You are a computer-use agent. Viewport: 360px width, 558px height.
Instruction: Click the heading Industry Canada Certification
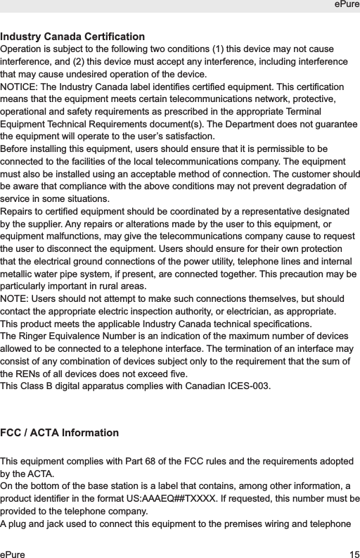point(73,37)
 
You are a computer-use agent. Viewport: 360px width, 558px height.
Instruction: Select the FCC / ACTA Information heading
point(60,432)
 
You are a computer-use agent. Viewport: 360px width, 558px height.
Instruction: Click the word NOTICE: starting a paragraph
point(20,86)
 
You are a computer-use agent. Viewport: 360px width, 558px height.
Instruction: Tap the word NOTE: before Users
point(16,300)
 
